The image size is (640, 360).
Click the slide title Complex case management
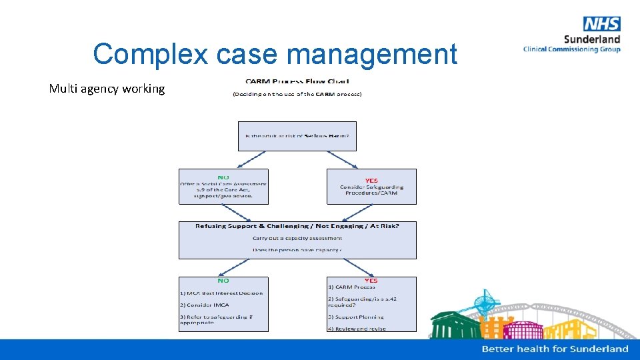(275, 54)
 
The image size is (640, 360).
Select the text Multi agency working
(107, 88)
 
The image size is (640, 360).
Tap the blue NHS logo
(601, 25)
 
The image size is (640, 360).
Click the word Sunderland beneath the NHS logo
(591, 39)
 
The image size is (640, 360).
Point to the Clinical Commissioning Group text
(571, 49)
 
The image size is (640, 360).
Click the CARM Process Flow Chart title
(297, 81)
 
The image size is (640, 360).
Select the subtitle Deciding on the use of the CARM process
(297, 94)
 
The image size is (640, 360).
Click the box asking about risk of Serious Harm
(297, 136)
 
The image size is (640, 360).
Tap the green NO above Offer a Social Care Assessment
(223, 177)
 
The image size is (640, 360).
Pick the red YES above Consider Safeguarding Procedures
(371, 180)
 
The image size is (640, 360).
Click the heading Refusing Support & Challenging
(297, 226)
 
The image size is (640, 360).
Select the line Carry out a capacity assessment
(297, 238)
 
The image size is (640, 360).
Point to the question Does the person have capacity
(297, 250)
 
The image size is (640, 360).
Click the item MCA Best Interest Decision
(221, 293)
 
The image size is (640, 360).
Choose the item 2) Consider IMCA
(205, 305)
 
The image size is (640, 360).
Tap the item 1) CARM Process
(351, 287)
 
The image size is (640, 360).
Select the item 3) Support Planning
(356, 317)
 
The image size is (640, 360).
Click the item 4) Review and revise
(357, 329)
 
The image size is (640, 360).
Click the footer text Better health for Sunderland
(555, 349)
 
